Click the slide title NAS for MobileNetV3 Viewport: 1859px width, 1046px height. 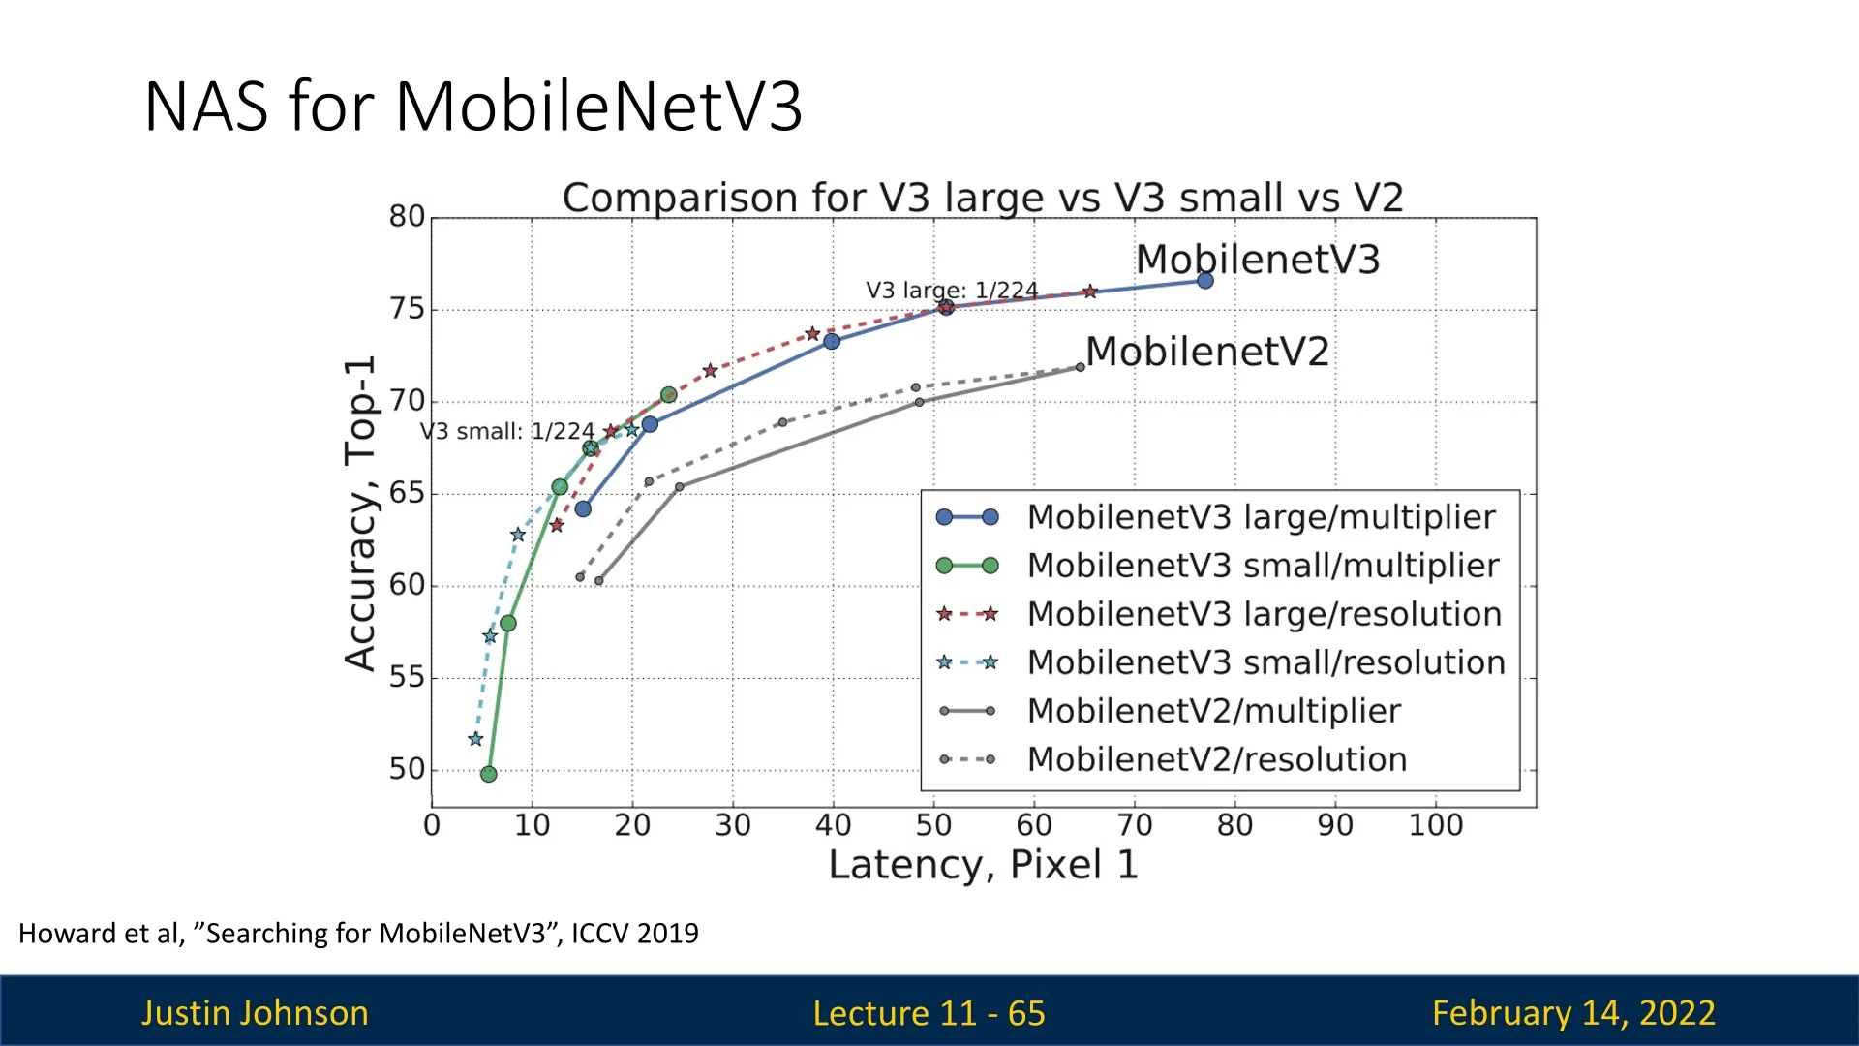point(472,106)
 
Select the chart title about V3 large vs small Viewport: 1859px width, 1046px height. point(982,198)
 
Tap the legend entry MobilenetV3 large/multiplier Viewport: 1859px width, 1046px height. point(1261,517)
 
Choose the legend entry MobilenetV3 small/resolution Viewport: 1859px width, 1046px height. point(1265,662)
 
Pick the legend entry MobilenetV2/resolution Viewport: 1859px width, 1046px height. point(1216,759)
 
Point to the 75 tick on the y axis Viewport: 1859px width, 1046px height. point(407,309)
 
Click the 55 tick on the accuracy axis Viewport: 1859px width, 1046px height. point(407,677)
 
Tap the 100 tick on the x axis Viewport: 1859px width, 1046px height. point(1435,825)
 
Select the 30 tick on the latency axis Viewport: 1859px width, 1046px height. point(733,825)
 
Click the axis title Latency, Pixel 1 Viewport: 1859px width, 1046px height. point(983,865)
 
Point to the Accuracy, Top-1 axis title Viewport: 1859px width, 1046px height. point(360,513)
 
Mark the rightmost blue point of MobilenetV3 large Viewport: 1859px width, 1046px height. point(1204,281)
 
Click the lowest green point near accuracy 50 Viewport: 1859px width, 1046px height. point(489,774)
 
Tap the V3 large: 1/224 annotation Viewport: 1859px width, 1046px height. point(951,290)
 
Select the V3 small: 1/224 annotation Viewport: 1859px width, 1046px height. point(506,431)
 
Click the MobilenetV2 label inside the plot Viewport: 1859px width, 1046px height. point(1206,352)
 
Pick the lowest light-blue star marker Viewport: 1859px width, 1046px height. point(475,739)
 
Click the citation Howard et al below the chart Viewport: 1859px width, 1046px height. point(358,933)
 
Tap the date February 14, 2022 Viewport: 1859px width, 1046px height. point(1573,1013)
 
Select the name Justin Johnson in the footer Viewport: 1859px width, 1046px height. point(255,1013)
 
